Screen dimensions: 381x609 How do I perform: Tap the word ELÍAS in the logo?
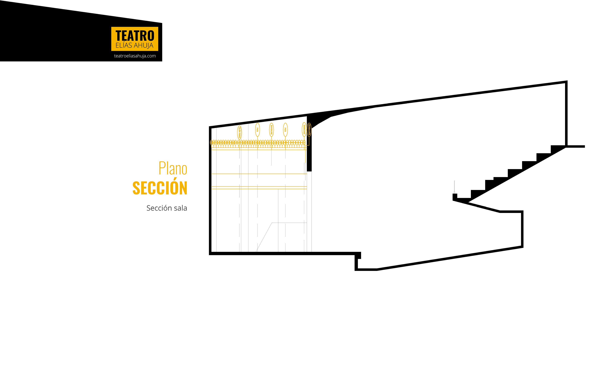click(x=124, y=46)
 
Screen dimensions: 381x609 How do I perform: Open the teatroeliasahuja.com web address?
click(x=135, y=56)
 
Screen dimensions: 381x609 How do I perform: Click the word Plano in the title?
click(x=173, y=168)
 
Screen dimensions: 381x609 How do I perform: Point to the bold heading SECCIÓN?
click(x=160, y=188)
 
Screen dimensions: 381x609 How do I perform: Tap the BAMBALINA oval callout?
click(x=271, y=130)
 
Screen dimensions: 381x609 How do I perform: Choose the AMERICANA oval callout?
click(x=304, y=130)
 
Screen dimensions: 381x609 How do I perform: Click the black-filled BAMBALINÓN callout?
click(x=309, y=130)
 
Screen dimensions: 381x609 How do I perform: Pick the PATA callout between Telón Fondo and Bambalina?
click(x=257, y=130)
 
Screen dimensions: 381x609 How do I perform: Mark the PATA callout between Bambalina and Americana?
click(x=285, y=130)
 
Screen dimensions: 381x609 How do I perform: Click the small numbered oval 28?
click(x=239, y=142)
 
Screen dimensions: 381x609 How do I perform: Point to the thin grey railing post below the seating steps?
click(x=454, y=186)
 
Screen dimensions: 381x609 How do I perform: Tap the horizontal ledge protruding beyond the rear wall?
click(x=576, y=146)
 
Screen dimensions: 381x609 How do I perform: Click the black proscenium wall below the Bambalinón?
click(x=309, y=156)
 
